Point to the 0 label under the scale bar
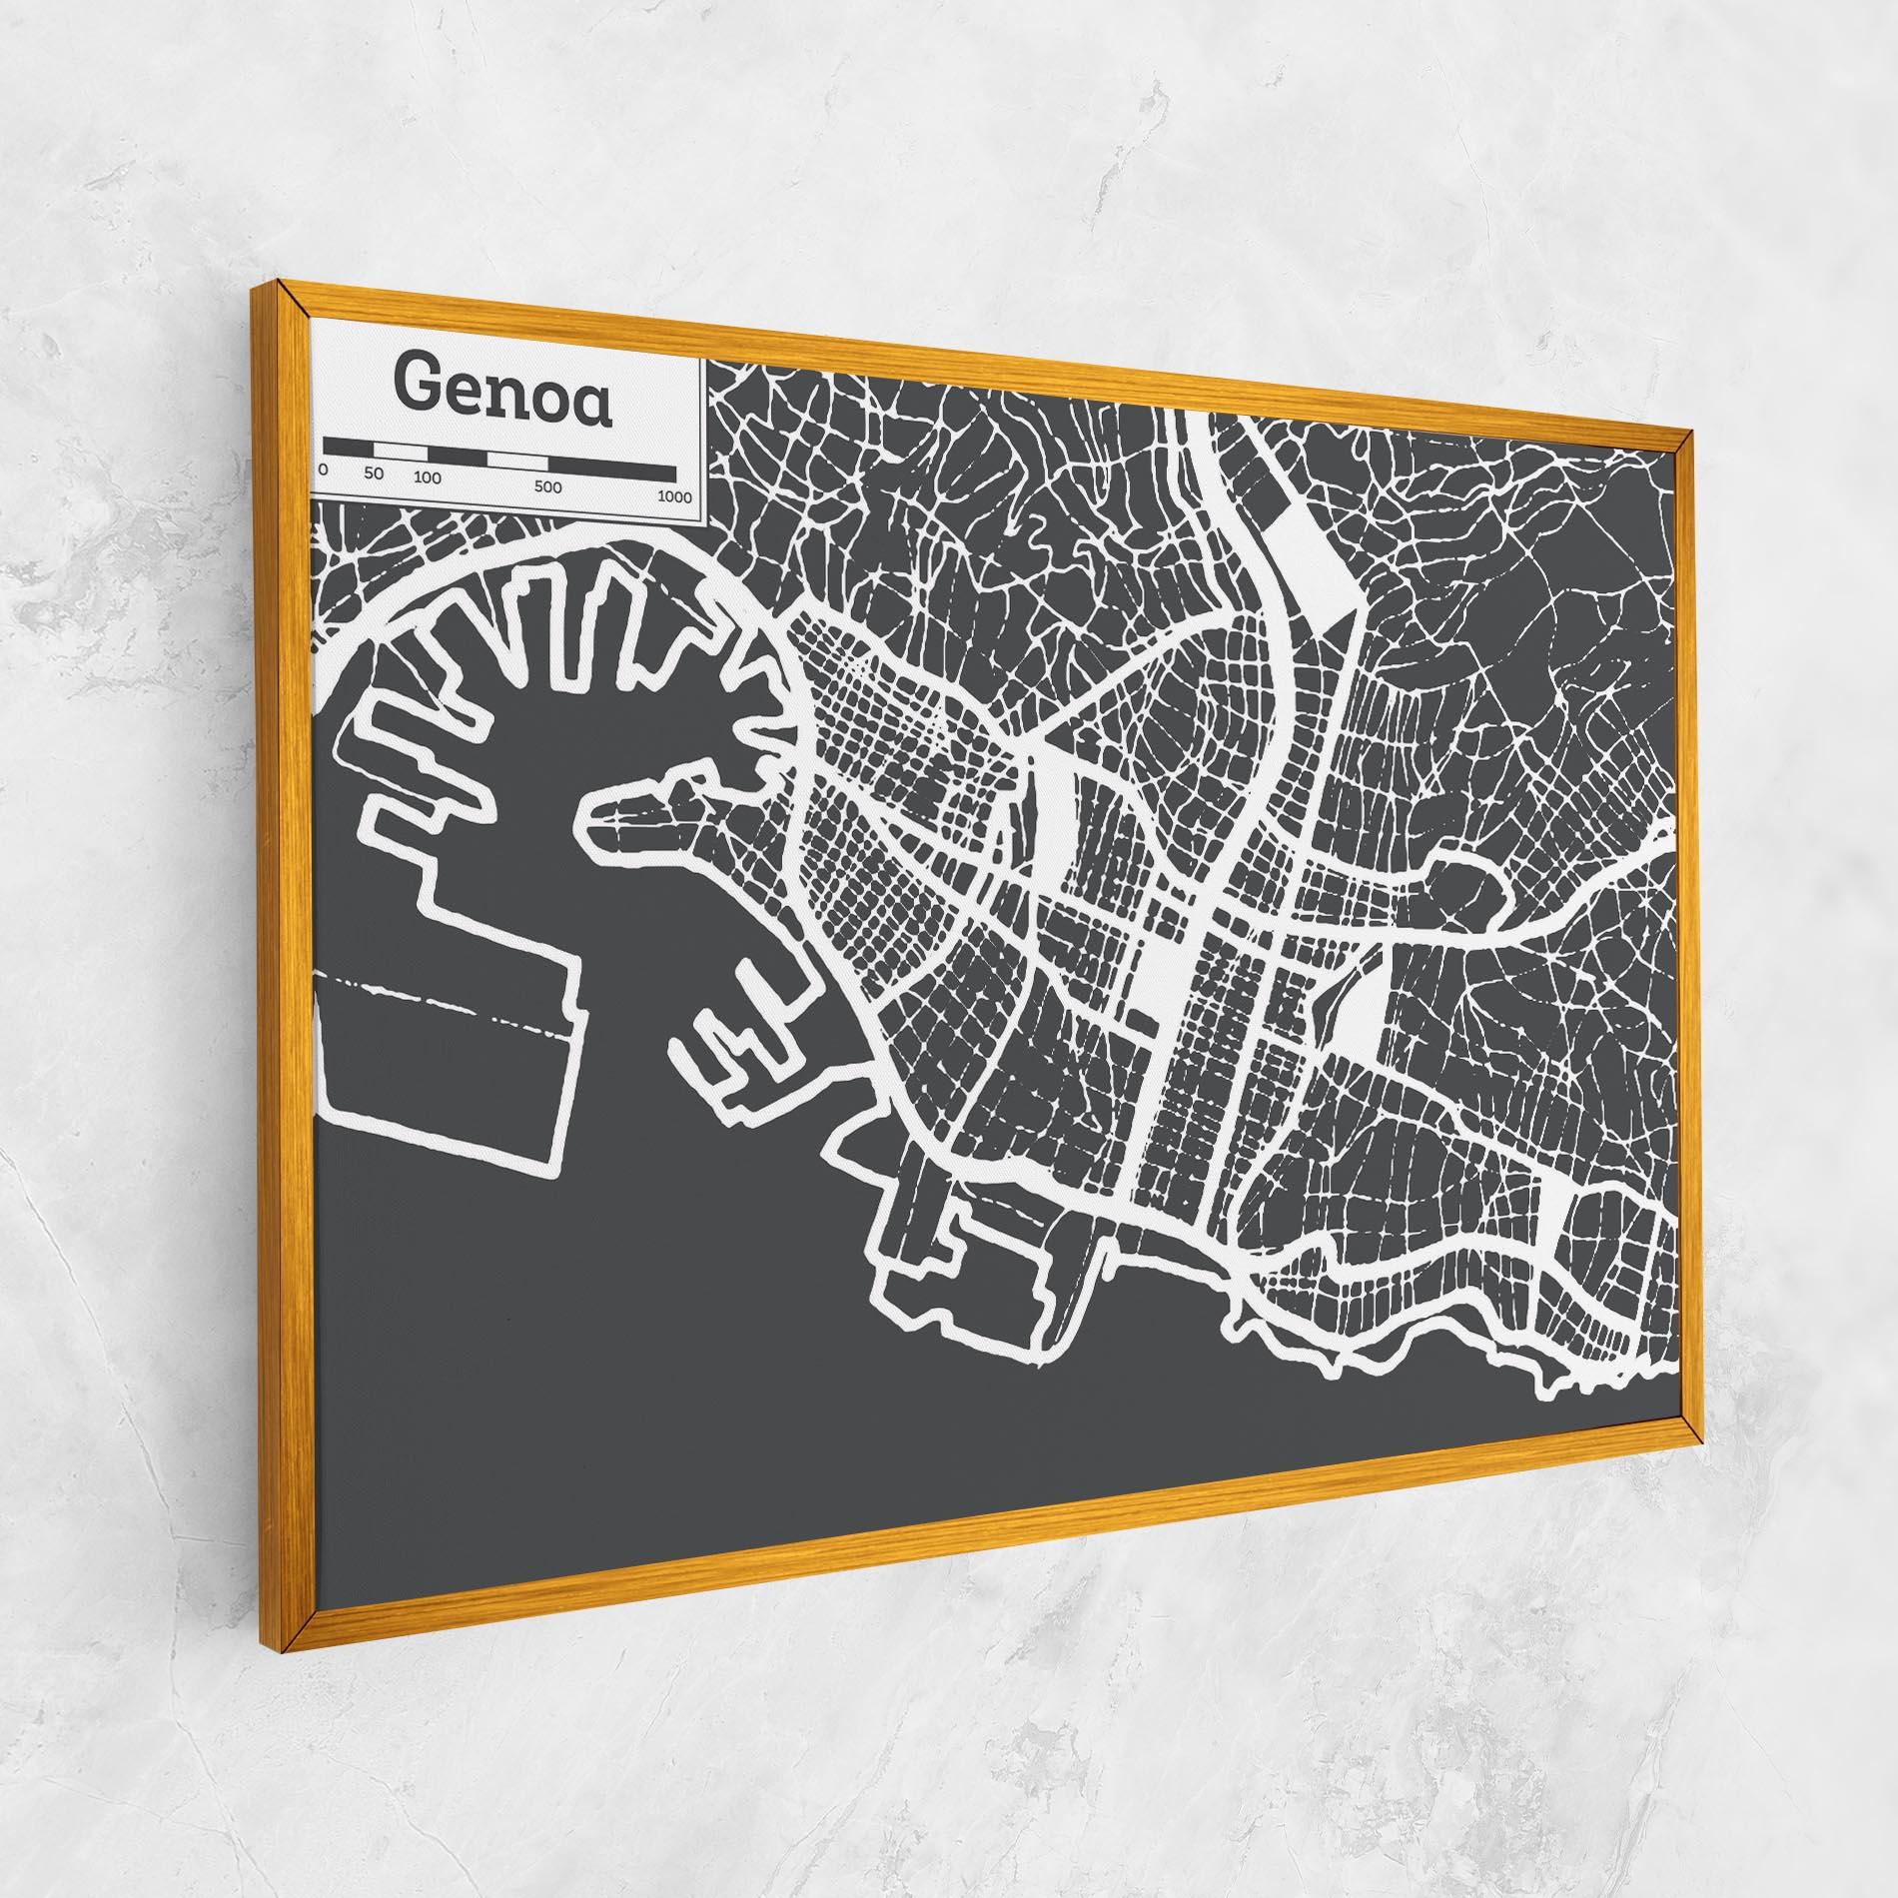323,469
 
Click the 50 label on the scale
374,474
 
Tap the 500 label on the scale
547,486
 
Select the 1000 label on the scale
675,496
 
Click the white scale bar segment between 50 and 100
407,452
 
